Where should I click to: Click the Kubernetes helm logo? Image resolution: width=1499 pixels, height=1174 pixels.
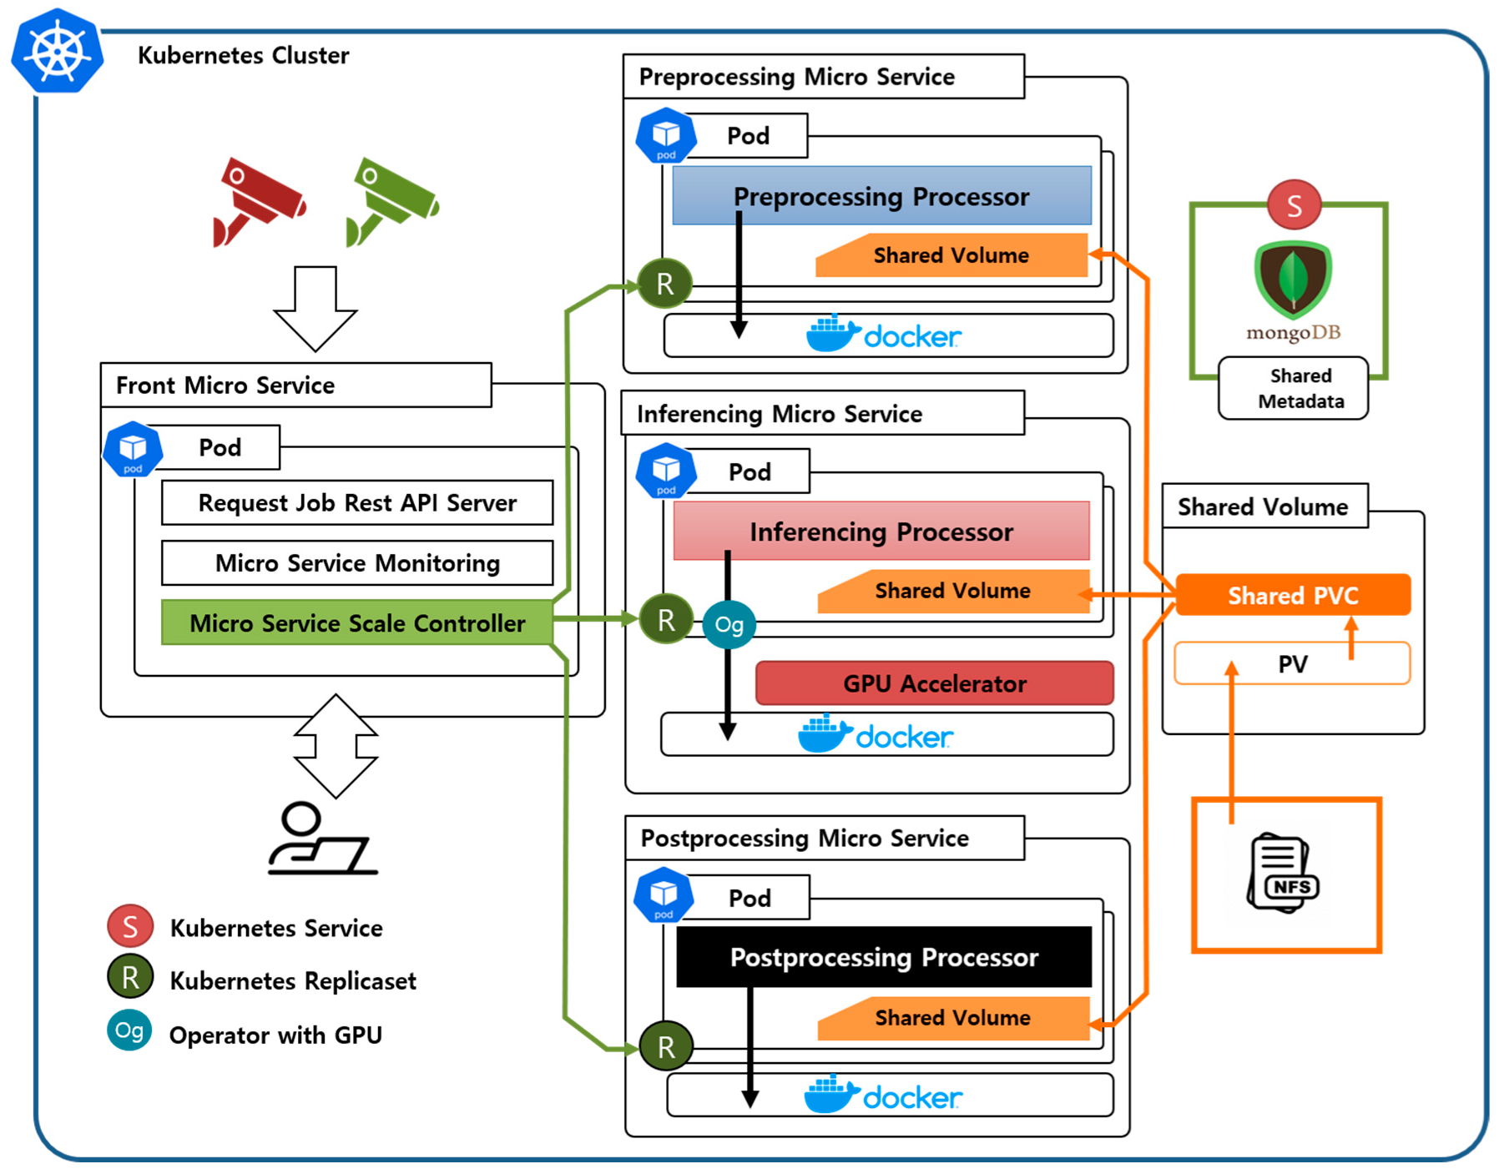[57, 50]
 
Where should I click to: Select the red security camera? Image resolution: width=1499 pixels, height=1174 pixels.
[258, 201]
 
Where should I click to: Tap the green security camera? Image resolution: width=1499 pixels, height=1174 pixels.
[391, 201]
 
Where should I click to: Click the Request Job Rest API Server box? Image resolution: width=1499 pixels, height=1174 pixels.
[357, 502]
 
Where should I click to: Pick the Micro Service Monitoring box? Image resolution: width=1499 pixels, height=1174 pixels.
[357, 562]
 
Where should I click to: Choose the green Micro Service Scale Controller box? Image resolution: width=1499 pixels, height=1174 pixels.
[357, 622]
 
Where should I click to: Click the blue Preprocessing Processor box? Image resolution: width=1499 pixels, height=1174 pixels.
[882, 195]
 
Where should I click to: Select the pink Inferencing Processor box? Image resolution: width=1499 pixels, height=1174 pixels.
[881, 531]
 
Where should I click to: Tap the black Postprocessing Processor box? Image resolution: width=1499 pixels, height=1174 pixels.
[884, 956]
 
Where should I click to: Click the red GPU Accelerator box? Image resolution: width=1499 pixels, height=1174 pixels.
[935, 683]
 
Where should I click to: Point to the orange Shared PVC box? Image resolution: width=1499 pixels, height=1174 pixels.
[1293, 595]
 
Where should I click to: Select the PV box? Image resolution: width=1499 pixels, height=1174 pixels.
[1292, 663]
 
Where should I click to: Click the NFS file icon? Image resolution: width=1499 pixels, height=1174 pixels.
[1283, 874]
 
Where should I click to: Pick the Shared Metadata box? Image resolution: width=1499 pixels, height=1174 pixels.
[1293, 388]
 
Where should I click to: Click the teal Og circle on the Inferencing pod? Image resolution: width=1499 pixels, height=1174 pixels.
[729, 624]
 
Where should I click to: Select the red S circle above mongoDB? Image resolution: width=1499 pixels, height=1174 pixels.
[1294, 204]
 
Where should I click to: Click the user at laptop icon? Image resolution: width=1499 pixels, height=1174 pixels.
[322, 838]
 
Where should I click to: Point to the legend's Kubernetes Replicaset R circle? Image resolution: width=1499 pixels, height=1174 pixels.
[130, 977]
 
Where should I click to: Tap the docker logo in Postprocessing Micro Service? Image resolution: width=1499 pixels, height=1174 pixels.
[882, 1095]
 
